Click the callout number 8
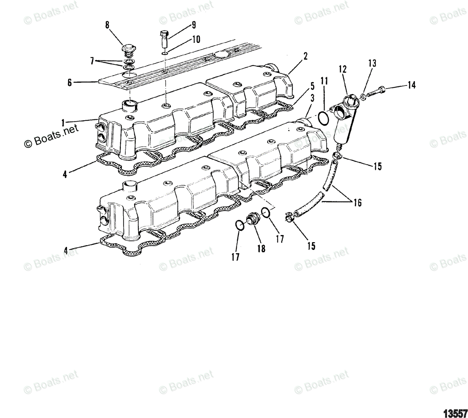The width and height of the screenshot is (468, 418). pos(107,25)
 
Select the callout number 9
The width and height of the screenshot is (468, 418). pos(193,26)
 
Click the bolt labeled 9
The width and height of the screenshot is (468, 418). pos(164,39)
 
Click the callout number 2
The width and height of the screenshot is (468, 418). pos(305,56)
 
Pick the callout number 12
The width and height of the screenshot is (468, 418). pos(342,69)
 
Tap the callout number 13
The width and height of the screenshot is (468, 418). pos(372,64)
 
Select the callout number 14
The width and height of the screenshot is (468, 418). pos(412,85)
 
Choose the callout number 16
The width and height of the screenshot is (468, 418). pos(357,203)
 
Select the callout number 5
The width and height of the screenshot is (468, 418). pos(312,85)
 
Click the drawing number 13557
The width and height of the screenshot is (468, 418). pos(455,412)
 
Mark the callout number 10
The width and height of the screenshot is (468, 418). pos(196,39)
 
